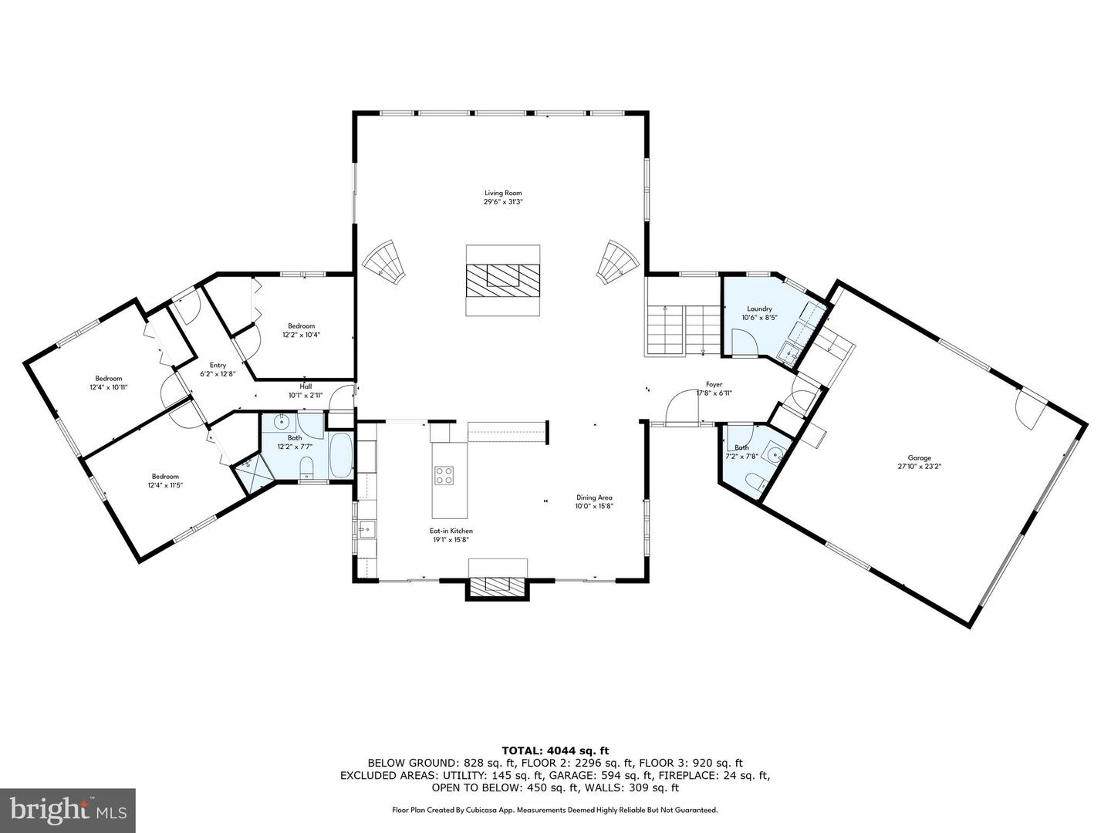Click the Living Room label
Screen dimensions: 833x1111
pos(498,193)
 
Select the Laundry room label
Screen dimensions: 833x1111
pos(759,309)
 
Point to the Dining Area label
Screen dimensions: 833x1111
pos(593,497)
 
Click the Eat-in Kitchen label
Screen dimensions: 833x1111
pos(451,531)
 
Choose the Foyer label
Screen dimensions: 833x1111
pos(714,384)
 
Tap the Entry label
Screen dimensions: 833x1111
pos(218,365)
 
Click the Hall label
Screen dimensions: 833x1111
pos(306,386)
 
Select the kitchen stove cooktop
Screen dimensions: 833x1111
pos(444,474)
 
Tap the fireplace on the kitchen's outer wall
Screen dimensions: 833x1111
pos(498,588)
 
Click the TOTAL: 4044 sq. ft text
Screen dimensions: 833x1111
pos(555,750)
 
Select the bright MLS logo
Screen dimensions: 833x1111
pos(68,808)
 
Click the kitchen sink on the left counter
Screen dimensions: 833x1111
pos(366,528)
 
